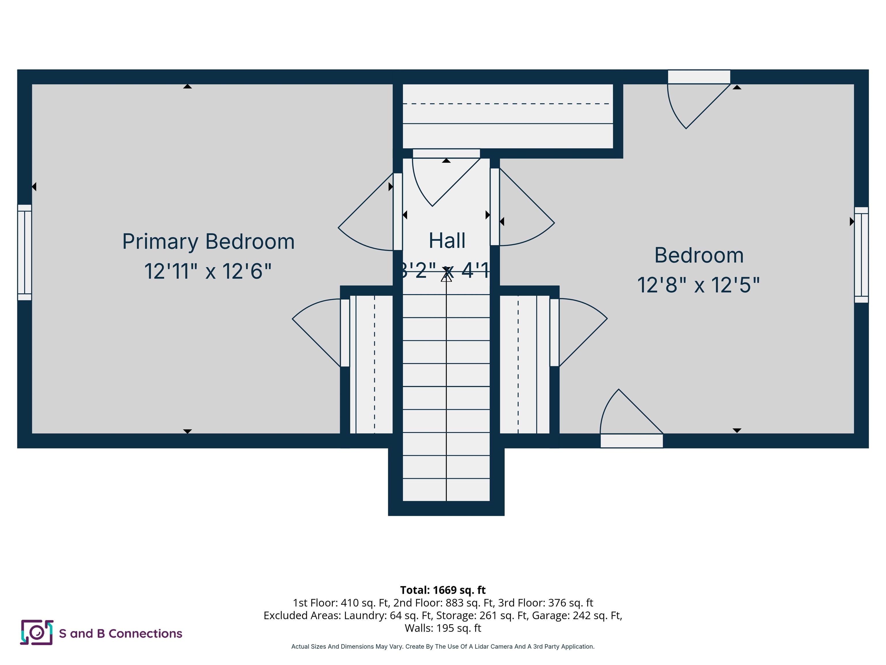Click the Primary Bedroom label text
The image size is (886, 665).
tap(208, 241)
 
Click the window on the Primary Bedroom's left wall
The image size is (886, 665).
tap(25, 252)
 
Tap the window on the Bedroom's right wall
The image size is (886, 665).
tap(861, 255)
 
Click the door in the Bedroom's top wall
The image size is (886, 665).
tap(699, 77)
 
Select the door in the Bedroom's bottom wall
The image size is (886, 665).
tap(631, 440)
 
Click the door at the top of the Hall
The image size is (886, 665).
tap(446, 154)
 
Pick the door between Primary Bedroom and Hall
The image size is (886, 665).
tap(397, 212)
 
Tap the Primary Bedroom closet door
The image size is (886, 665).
tap(345, 333)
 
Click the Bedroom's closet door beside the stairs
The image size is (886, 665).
tap(554, 332)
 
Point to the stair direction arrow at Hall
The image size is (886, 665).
tap(446, 277)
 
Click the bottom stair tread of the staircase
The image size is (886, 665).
tap(446, 490)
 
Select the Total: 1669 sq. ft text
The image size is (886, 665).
tap(443, 590)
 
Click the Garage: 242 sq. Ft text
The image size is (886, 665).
tap(577, 615)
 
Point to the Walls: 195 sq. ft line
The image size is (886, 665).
tap(443, 628)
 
